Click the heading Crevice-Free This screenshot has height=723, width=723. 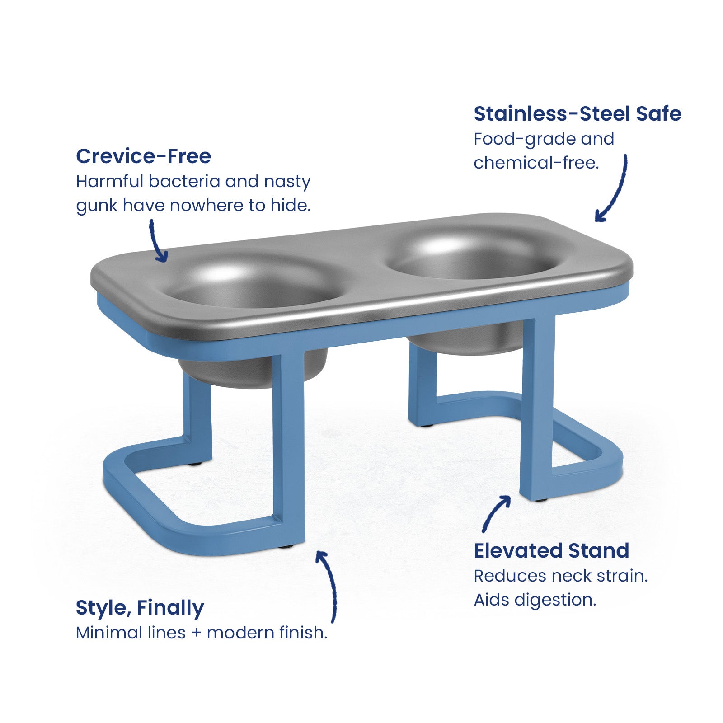click(143, 156)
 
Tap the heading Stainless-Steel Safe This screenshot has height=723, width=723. click(577, 114)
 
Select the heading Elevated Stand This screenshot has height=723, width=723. click(551, 551)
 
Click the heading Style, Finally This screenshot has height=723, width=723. click(140, 608)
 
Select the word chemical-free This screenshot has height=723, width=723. click(536, 163)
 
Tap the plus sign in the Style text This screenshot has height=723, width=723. click(196, 633)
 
